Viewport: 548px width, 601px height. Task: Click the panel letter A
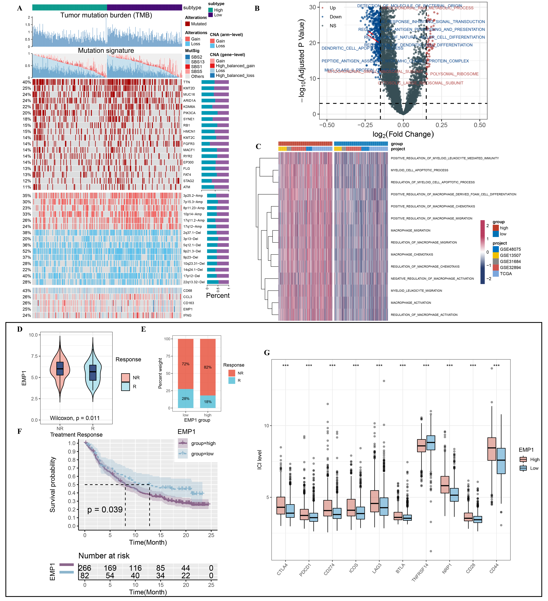click(x=20, y=8)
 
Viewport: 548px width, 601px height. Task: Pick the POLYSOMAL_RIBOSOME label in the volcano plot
click(x=454, y=74)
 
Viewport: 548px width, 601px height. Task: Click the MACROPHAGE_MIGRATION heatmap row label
click(x=410, y=230)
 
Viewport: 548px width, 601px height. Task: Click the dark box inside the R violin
click(x=93, y=373)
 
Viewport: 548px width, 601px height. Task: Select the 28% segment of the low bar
click(x=186, y=399)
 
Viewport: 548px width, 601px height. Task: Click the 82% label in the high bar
click(x=208, y=367)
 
